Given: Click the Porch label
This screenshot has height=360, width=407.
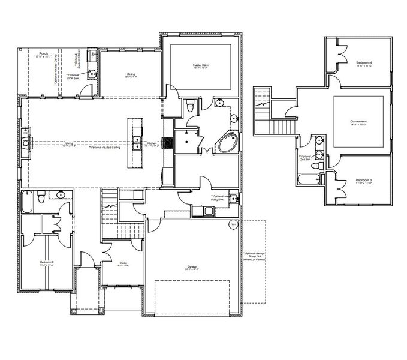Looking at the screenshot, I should click(43, 54).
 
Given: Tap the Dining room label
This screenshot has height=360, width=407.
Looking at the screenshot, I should click(131, 75).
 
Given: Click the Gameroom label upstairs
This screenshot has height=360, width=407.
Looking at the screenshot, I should click(359, 121).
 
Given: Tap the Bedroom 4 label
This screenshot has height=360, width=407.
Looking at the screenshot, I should click(363, 63).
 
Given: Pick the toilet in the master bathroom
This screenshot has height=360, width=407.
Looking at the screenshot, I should click(190, 106).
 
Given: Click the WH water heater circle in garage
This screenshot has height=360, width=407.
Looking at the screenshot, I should click(233, 224).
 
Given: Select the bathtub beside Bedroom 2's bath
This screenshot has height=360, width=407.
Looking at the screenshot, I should click(26, 202).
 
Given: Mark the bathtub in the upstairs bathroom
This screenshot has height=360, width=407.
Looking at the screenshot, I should click(307, 179).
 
